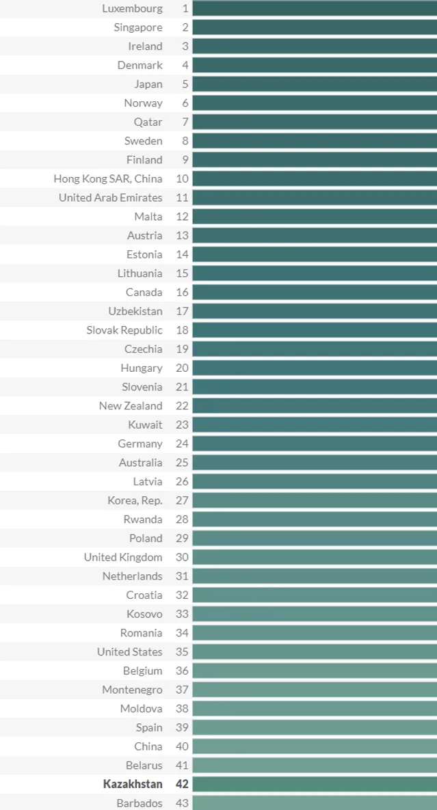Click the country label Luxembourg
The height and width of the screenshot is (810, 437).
point(133,9)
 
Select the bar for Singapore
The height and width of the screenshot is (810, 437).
point(315,27)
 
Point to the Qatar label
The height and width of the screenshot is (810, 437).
point(148,122)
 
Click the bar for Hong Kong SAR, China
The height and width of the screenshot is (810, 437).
point(315,178)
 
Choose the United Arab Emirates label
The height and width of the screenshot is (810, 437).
point(111,198)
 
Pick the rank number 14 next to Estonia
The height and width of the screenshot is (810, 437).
point(182,254)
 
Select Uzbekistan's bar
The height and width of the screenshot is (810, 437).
point(315,311)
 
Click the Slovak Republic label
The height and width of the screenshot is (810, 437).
point(124,330)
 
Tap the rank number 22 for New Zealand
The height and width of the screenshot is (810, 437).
point(182,405)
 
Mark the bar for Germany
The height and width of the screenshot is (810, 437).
point(315,444)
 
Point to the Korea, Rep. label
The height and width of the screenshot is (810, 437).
point(135,500)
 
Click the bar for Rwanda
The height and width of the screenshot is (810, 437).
point(315,519)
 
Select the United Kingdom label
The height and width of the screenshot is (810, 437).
point(123,557)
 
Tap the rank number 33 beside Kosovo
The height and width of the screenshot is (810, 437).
point(182,614)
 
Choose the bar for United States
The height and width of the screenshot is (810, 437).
point(315,651)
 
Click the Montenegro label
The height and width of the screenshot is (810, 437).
point(133,690)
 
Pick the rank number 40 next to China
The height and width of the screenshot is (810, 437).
point(182,746)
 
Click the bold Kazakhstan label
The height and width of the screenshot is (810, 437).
point(133,784)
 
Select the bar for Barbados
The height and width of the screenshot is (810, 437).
point(315,802)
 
